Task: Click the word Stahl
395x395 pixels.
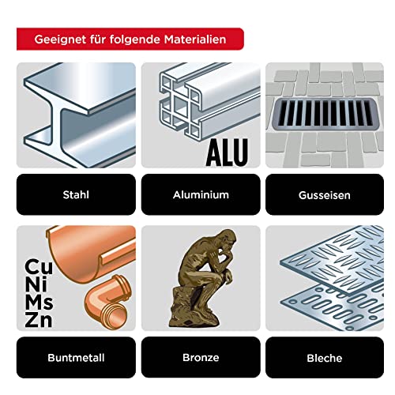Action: (x=76, y=195)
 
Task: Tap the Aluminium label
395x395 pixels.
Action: (x=201, y=195)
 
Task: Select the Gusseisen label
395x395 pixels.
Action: (x=325, y=195)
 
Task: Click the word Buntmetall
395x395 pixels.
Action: (x=76, y=358)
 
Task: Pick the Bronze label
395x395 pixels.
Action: (x=201, y=358)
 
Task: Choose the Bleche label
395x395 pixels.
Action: (x=325, y=358)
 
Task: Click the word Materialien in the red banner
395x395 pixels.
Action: (x=195, y=39)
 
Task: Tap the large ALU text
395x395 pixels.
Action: (x=227, y=152)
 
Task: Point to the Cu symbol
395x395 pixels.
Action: (x=39, y=266)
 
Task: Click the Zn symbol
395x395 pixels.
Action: (x=39, y=320)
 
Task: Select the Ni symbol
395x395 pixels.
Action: (x=36, y=284)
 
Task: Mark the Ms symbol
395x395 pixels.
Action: (x=39, y=302)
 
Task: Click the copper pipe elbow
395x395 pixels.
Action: (x=107, y=303)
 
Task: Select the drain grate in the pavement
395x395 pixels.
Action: (x=324, y=114)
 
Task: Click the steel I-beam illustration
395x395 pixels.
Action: (x=80, y=115)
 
